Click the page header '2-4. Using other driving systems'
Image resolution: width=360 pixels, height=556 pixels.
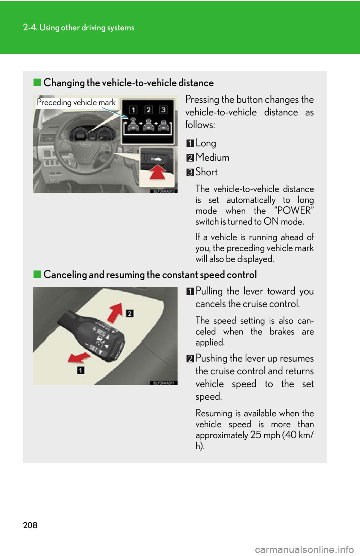tap(78, 27)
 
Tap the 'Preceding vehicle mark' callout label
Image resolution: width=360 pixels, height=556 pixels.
tap(76, 103)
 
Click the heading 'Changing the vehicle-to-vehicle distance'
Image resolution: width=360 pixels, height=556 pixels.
tap(128, 83)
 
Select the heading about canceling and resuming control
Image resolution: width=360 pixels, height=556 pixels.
tap(150, 275)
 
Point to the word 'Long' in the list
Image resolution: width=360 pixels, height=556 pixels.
tap(205, 143)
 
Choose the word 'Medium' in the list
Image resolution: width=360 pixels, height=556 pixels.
tap(212, 157)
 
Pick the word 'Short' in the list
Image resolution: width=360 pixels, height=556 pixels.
tap(206, 172)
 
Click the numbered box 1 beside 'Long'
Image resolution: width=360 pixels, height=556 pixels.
tap(190, 143)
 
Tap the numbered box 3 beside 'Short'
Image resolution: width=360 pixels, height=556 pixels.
tap(190, 172)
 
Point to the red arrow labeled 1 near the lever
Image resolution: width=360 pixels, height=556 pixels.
tap(79, 357)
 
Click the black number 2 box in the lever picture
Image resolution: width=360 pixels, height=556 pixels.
tap(130, 313)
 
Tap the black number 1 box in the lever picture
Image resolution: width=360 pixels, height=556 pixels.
tap(81, 370)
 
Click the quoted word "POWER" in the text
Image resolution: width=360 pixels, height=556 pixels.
tap(294, 211)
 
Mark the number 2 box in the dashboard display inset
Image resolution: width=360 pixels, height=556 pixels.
tap(148, 109)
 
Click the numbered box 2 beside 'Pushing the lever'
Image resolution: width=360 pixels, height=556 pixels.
tap(190, 359)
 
